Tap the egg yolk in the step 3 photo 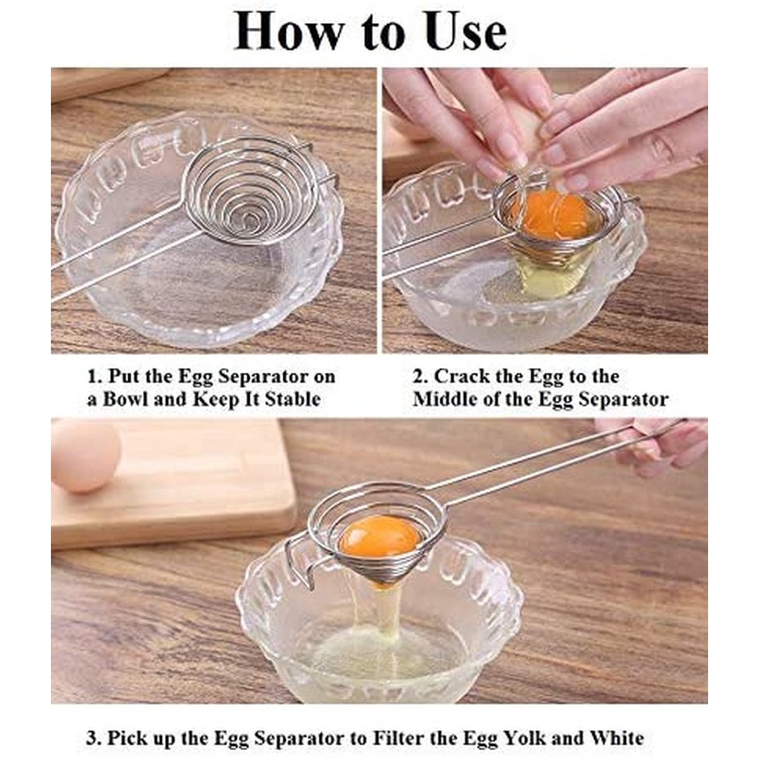tap(379, 536)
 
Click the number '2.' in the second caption tap(421, 378)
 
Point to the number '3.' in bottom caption tap(94, 738)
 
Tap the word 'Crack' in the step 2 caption tap(462, 378)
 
